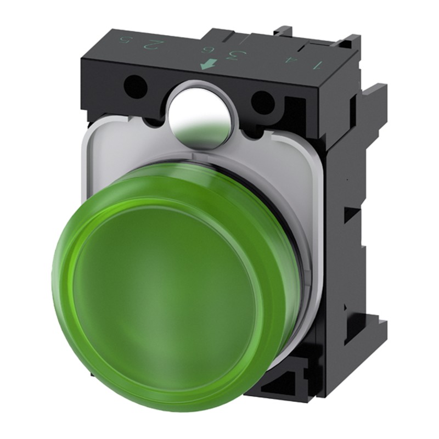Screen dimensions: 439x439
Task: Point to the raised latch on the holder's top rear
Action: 285,33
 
